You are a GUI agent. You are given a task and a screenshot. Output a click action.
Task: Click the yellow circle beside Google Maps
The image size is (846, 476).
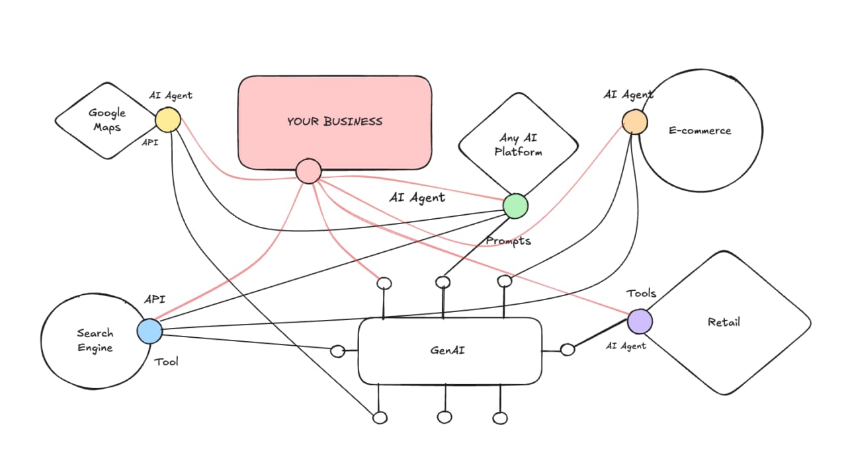pyautogui.click(x=168, y=120)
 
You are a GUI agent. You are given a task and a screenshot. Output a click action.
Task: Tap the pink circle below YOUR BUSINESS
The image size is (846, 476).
pyautogui.click(x=308, y=171)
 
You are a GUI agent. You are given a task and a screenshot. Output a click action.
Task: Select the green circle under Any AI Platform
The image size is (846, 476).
pyautogui.click(x=515, y=206)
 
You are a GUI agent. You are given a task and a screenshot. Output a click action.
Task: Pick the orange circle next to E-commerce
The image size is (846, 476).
pyautogui.click(x=634, y=122)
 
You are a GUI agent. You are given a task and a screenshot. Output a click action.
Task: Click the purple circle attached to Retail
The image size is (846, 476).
pyautogui.click(x=640, y=321)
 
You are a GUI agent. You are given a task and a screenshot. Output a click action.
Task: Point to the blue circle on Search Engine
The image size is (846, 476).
pyautogui.click(x=149, y=331)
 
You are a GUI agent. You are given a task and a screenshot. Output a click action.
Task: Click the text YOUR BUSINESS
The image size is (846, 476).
pyautogui.click(x=335, y=121)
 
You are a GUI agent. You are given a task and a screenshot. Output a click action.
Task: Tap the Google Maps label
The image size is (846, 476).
pyautogui.click(x=107, y=120)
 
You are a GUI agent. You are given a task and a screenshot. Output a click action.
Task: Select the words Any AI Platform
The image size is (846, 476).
pyautogui.click(x=519, y=145)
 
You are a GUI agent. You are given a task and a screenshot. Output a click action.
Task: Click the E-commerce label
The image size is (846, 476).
pyautogui.click(x=700, y=130)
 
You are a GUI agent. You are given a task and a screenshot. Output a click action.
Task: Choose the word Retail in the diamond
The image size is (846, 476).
pyautogui.click(x=724, y=322)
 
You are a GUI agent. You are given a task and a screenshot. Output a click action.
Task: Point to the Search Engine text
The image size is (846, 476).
pyautogui.click(x=95, y=340)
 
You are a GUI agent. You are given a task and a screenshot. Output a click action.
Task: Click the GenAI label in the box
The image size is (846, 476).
pyautogui.click(x=448, y=350)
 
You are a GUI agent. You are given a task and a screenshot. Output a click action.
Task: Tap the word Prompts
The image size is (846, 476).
pyautogui.click(x=508, y=241)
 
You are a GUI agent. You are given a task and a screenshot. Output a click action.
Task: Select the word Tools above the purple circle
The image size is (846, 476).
pyautogui.click(x=642, y=293)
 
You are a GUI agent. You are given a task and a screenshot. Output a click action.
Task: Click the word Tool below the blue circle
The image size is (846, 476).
pyautogui.click(x=166, y=362)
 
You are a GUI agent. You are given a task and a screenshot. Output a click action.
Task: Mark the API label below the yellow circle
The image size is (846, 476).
pyautogui.click(x=150, y=142)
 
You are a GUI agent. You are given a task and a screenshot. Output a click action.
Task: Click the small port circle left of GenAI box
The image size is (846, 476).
pyautogui.click(x=337, y=351)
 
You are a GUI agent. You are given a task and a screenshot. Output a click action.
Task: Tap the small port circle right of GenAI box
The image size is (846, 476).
pyautogui.click(x=568, y=350)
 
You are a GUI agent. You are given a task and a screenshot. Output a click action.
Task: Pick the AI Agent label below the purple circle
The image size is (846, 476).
pyautogui.click(x=626, y=345)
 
